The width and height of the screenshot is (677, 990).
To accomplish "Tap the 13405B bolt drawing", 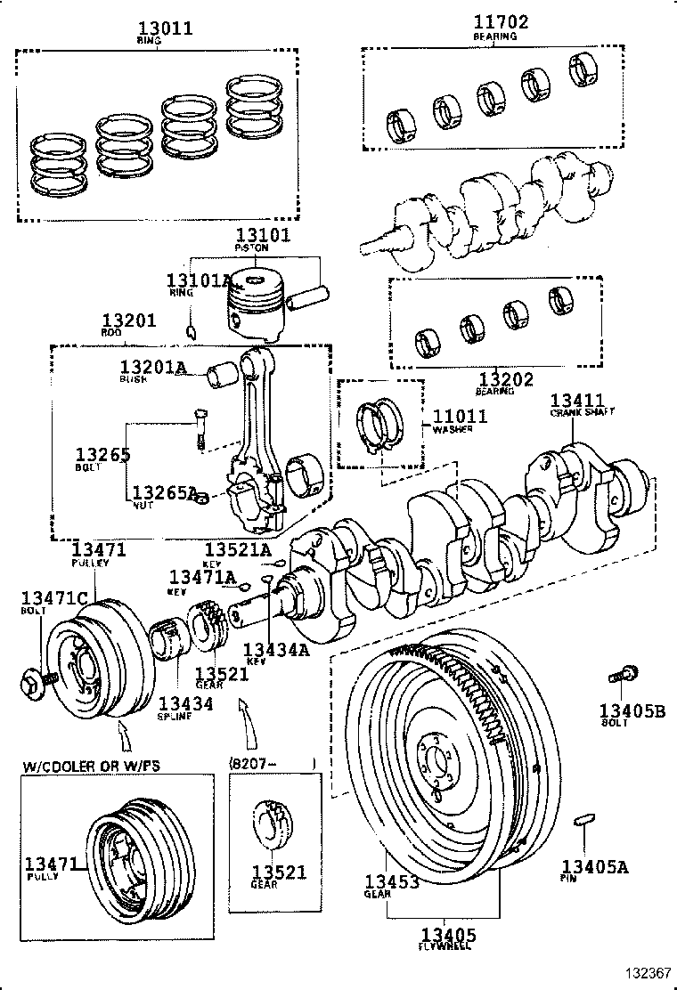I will [x=620, y=677].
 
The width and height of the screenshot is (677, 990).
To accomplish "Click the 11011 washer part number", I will [x=460, y=416].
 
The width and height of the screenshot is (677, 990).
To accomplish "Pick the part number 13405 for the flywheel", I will [x=449, y=935].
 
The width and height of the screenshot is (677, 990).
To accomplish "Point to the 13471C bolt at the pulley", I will [x=34, y=685].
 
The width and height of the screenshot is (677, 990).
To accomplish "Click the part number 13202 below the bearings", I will [x=504, y=379].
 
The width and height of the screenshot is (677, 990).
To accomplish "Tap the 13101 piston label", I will [x=262, y=235].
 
